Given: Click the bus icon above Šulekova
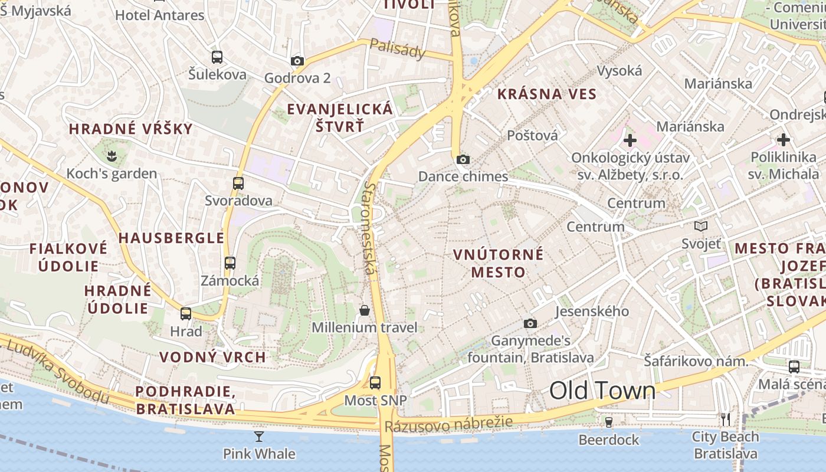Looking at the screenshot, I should click(x=217, y=57).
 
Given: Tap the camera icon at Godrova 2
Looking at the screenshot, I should click(x=297, y=61).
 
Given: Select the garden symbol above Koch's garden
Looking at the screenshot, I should click(x=112, y=156).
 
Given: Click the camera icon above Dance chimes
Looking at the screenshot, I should click(x=463, y=159).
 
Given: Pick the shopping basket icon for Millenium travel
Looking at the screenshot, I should click(x=365, y=310).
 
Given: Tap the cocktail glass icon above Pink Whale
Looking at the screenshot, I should click(x=259, y=437).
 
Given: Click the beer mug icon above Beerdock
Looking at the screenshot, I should click(x=609, y=422).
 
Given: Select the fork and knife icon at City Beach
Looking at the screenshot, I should click(x=726, y=419).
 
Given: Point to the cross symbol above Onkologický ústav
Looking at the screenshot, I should click(x=630, y=140).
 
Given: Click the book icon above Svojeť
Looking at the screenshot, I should click(x=701, y=226).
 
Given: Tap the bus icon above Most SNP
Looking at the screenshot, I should click(x=375, y=383).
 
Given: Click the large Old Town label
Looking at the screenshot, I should click(x=602, y=391).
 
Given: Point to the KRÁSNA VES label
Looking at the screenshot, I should click(x=547, y=94).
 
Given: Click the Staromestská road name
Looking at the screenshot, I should click(x=369, y=227).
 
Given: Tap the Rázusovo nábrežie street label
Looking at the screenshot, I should click(x=448, y=424).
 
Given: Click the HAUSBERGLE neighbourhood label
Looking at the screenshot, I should click(x=171, y=238).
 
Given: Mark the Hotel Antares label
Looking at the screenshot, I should click(x=159, y=15).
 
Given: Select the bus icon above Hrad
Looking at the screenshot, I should click(x=186, y=314).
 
